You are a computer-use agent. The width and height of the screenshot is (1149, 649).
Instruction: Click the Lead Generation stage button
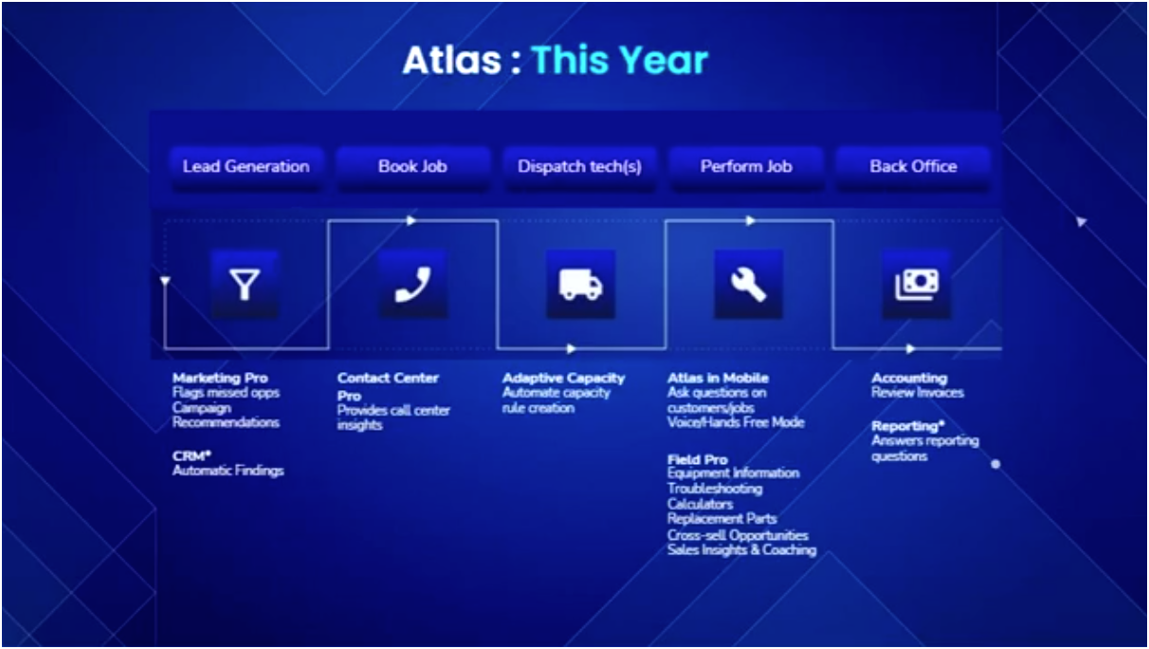[246, 166]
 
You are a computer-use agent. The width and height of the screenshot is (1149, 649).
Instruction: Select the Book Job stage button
[412, 166]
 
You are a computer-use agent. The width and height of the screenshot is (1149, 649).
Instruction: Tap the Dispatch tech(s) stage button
[579, 166]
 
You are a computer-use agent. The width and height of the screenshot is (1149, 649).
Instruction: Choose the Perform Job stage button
[746, 166]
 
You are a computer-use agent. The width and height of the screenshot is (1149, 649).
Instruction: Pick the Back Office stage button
[913, 166]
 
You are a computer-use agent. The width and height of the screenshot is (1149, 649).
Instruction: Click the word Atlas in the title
[451, 61]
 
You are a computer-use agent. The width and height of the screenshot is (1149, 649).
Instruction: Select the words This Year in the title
[619, 61]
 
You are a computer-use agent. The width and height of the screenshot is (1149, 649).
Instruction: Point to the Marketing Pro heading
[220, 378]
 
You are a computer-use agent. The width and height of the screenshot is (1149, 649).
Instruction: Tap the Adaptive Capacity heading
[563, 378]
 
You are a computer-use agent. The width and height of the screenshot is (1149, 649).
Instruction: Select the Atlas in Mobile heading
[718, 378]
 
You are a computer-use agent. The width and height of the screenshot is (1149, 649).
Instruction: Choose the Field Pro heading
[697, 459]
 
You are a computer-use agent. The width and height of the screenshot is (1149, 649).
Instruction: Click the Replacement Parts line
[721, 519]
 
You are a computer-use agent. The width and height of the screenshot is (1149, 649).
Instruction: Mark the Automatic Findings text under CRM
[228, 470]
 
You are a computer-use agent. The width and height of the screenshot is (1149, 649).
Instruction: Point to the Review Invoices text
[917, 393]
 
